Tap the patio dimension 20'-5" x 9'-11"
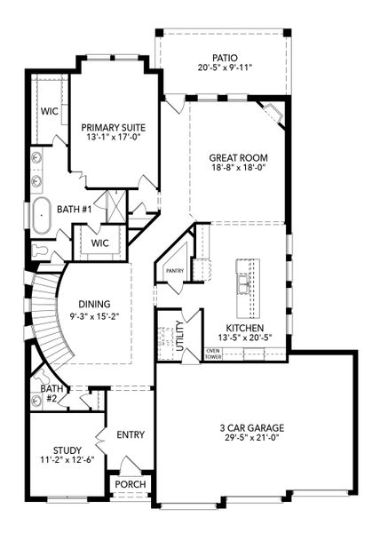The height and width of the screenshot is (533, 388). click(x=223, y=68)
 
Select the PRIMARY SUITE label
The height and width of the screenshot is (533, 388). click(x=114, y=127)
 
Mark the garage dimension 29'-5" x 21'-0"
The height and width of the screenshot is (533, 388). click(x=257, y=437)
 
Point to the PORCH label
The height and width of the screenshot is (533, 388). click(x=131, y=484)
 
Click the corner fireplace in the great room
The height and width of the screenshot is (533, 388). click(x=273, y=114)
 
